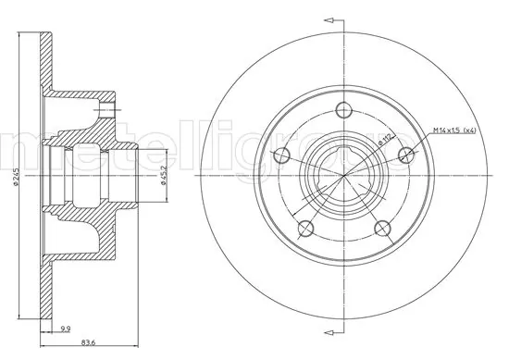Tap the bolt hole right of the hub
(406, 155)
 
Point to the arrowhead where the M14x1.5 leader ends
(408, 153)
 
